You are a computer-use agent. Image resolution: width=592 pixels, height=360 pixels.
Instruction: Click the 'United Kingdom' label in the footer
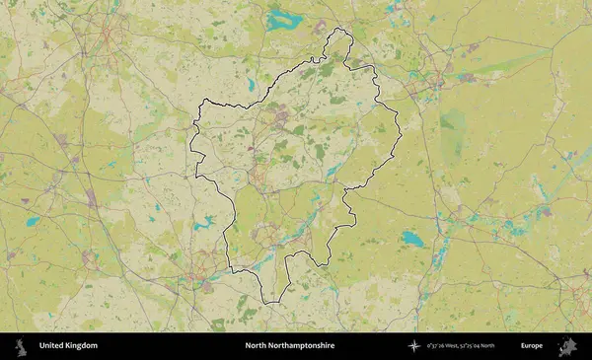point(68,346)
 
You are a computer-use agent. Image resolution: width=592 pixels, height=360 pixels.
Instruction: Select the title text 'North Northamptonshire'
point(290,346)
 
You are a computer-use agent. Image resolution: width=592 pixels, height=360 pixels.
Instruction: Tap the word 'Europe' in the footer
point(532,346)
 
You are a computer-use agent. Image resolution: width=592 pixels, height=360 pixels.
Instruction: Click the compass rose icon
point(413,346)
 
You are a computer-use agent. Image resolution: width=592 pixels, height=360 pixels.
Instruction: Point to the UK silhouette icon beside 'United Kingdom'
point(20,346)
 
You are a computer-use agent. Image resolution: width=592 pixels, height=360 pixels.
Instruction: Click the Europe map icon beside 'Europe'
point(567,346)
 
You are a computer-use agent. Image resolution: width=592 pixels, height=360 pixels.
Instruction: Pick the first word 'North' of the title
point(256,346)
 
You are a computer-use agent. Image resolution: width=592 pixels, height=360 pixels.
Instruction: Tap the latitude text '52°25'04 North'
point(485,346)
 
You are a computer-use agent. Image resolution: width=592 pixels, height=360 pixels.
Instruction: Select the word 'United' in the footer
point(51,346)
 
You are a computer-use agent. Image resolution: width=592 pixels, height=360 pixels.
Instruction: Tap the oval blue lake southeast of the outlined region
point(412,239)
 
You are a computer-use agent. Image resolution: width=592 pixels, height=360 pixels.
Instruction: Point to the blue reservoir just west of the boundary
point(204,224)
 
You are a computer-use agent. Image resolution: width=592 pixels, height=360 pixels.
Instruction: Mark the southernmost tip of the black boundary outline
point(264,304)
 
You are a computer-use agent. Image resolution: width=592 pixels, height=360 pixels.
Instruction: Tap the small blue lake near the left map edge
point(33,222)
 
